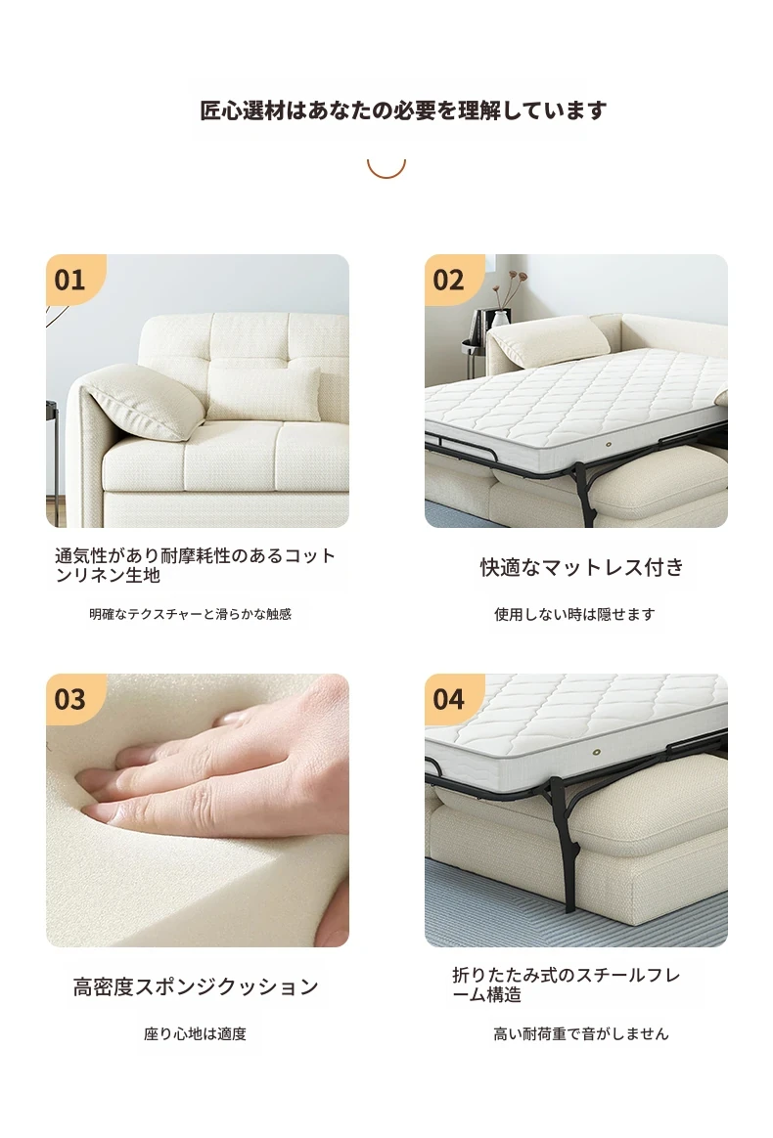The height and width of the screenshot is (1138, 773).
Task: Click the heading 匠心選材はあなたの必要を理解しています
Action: pos(403,110)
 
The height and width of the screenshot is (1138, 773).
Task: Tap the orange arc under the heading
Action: pos(386,173)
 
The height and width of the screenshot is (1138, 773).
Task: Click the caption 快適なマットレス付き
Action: pos(582,567)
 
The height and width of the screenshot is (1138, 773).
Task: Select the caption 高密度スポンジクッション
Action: pos(196,986)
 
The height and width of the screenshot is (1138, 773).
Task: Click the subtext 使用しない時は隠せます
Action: pos(574,614)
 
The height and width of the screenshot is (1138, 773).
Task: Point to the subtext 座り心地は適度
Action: pos(195,1033)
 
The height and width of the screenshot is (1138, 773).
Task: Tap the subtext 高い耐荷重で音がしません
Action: pos(580,1033)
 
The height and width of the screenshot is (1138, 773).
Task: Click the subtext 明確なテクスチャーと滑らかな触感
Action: pos(191,614)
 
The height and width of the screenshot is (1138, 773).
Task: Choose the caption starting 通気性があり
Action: pos(196,565)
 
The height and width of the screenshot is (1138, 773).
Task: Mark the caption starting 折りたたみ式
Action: pos(566,985)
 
